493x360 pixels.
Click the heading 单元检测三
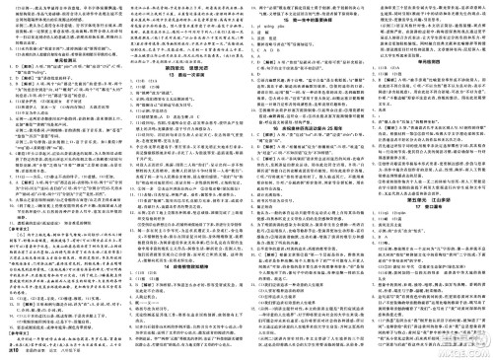click(64, 57)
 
